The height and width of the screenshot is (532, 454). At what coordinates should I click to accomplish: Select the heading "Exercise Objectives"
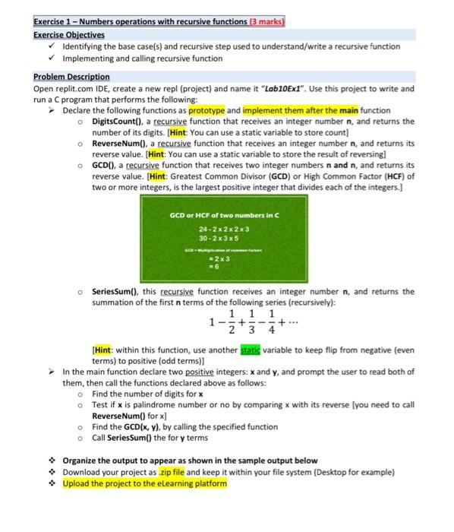coord(69,34)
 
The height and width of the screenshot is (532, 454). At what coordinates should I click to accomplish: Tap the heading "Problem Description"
coord(71,77)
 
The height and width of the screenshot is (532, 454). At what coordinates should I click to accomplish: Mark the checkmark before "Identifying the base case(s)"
coord(51,46)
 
